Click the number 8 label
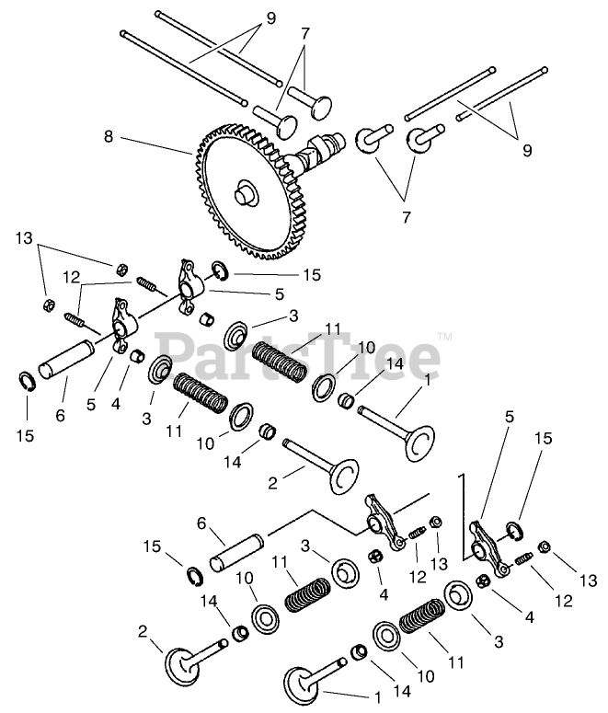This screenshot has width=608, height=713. click(109, 136)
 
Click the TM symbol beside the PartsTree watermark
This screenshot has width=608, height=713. click(444, 337)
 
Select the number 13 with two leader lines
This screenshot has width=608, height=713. click(25, 238)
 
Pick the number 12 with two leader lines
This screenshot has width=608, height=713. click(72, 277)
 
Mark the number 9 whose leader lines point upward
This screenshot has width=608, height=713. click(527, 150)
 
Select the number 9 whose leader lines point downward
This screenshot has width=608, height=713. click(270, 18)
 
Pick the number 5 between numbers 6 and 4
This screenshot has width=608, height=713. click(91, 404)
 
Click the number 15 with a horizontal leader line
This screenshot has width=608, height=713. click(313, 275)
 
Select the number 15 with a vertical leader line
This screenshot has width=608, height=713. click(26, 436)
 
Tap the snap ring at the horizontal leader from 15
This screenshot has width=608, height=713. click(221, 271)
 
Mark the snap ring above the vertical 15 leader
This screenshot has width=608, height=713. click(27, 381)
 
